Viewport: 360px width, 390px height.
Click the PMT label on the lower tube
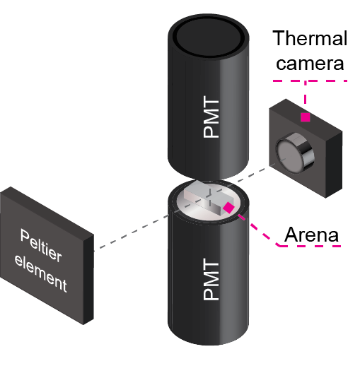(211, 280)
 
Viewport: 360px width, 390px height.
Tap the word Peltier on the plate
(41, 244)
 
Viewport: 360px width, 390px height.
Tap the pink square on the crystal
(229, 208)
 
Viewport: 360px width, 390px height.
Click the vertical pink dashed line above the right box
(305, 95)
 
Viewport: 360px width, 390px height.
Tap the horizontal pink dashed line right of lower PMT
(311, 246)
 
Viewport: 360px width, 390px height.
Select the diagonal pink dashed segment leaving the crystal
(258, 230)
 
